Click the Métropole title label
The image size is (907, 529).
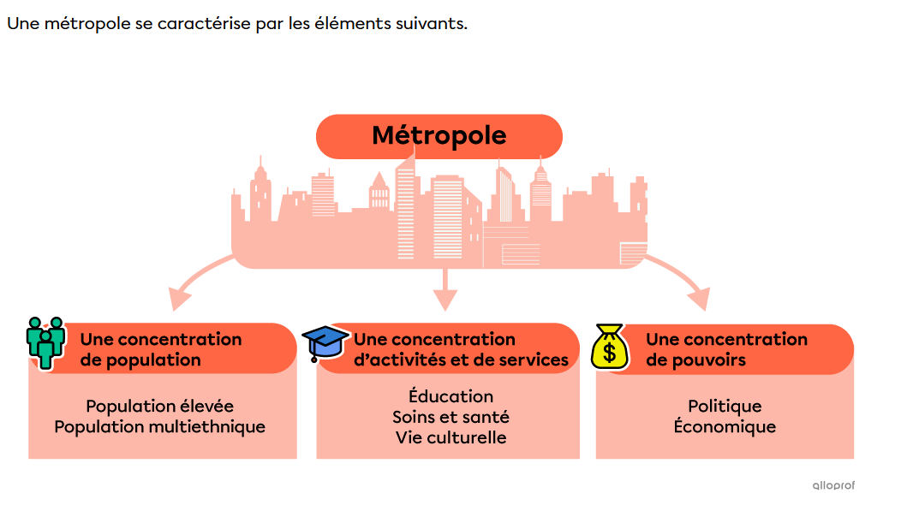point(439,135)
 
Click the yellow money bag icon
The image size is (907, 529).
point(609,346)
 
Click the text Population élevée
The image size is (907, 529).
point(159,406)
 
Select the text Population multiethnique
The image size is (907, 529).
point(159,426)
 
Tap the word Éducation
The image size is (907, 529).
point(451,396)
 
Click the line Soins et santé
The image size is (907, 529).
point(451,417)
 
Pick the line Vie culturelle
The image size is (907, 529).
point(451,437)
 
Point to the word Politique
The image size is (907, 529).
point(725,406)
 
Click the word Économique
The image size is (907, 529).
point(725,426)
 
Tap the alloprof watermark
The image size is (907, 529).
point(832,485)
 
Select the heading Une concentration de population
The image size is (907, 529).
point(160,349)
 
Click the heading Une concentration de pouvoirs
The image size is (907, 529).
point(726,349)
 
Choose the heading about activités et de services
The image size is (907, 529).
point(461,349)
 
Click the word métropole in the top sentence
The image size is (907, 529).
point(87,23)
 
